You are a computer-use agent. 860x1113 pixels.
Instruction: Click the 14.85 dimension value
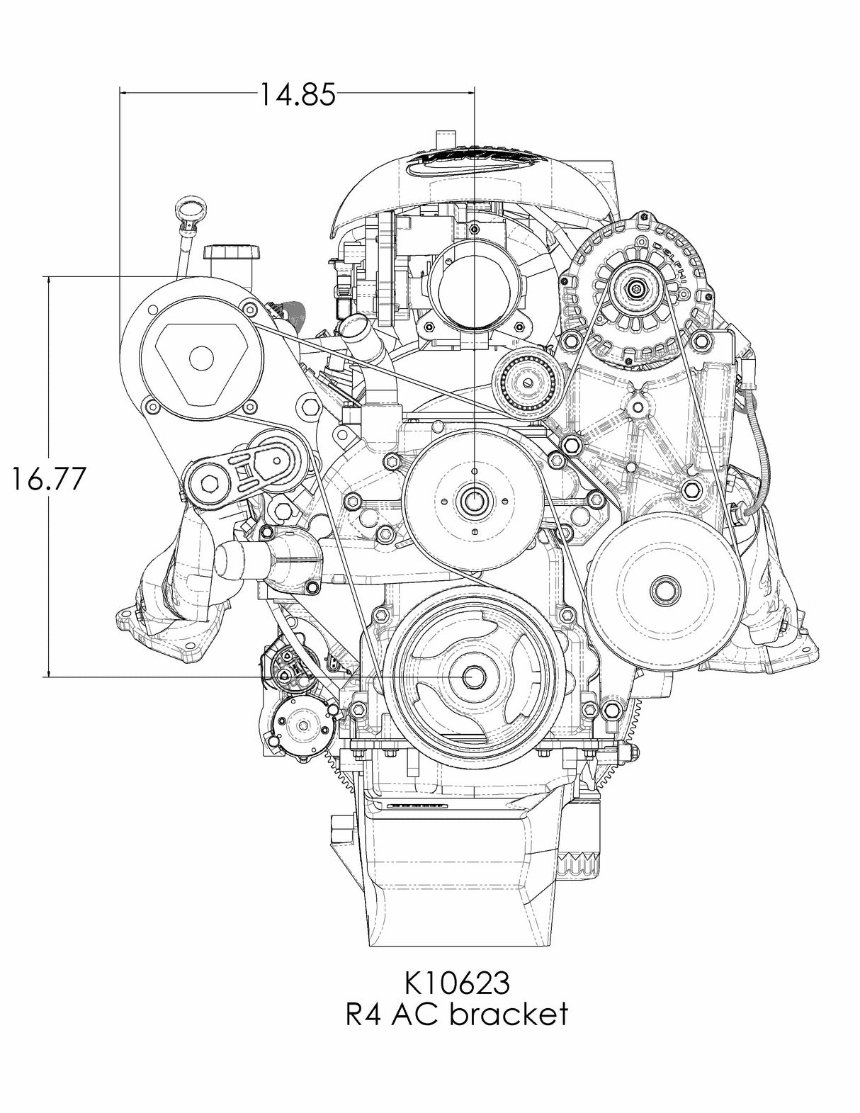(296, 94)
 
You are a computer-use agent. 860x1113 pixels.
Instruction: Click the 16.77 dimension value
(48, 479)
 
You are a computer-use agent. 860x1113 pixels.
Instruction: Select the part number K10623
(456, 983)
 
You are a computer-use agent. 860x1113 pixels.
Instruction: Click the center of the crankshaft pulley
(473, 677)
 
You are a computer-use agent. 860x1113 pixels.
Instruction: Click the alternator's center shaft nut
(636, 288)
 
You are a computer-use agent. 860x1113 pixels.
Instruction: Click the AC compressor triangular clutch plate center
(201, 359)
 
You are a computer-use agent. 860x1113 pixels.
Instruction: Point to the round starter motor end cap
(302, 727)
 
